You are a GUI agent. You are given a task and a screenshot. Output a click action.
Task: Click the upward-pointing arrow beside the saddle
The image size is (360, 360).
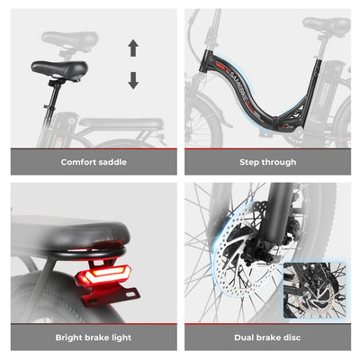pyautogui.click(x=133, y=48)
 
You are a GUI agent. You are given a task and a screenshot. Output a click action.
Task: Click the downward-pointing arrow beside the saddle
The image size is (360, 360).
pyautogui.click(x=133, y=79)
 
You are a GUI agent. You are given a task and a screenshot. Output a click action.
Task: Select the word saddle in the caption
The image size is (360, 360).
pyautogui.click(x=112, y=162)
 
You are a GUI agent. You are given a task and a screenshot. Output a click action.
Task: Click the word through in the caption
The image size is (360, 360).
pyautogui.click(x=278, y=162)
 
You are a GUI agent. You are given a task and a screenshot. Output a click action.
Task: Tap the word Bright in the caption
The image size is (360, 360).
pyautogui.click(x=73, y=337)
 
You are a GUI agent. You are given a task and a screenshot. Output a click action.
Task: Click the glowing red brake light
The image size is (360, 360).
pyautogui.click(x=105, y=275)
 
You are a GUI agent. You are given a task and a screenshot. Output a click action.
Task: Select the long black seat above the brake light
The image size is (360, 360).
pyautogui.click(x=82, y=231)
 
